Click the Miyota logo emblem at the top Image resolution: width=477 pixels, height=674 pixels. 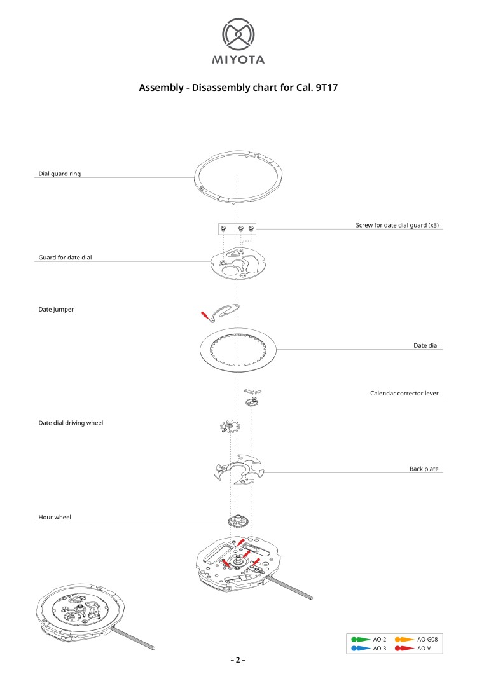[238, 34]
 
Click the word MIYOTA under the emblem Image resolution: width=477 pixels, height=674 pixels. [238, 60]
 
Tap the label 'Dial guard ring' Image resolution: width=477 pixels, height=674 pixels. [59, 174]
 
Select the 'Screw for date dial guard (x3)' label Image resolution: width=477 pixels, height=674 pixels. [397, 225]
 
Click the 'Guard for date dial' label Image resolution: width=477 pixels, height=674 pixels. [65, 258]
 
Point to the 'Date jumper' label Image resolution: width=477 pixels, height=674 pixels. [56, 310]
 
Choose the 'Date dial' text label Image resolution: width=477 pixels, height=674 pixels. [426, 346]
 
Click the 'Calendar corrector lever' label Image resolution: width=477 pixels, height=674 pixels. [404, 394]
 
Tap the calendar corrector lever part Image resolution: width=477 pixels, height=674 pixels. [253, 397]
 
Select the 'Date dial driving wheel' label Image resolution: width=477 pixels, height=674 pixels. [71, 423]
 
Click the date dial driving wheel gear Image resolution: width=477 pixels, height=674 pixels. [230, 427]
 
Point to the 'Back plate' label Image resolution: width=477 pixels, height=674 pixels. [424, 469]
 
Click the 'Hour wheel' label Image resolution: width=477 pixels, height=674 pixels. [55, 517]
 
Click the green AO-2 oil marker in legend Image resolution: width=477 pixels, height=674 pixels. [361, 640]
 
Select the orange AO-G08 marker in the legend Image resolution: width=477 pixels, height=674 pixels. [404, 640]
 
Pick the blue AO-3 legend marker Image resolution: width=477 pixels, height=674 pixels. [361, 648]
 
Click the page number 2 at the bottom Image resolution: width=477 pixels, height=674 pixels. [238, 660]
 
